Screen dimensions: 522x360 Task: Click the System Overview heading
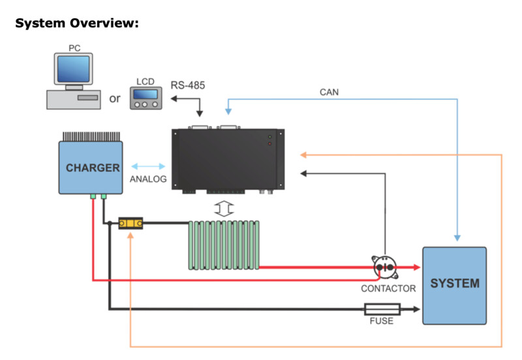(x=77, y=23)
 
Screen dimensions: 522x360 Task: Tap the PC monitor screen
(x=73, y=69)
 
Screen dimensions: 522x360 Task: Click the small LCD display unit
(x=146, y=98)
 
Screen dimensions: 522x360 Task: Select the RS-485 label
(x=188, y=85)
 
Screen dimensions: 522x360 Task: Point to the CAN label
(x=329, y=92)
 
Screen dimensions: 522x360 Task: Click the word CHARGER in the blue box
(x=93, y=168)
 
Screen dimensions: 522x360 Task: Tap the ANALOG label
(x=148, y=179)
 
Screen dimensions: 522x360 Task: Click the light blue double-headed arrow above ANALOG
(x=148, y=166)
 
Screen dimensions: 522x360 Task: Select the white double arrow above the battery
(x=224, y=209)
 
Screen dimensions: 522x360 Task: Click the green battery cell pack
(x=224, y=245)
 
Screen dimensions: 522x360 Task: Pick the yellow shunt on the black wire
(x=131, y=223)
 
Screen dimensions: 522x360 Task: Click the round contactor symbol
(x=385, y=267)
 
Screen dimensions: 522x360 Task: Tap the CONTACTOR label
(x=388, y=288)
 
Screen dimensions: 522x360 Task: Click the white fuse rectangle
(x=382, y=309)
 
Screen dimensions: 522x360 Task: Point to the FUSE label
(x=382, y=321)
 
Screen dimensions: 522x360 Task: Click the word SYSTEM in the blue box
(x=455, y=284)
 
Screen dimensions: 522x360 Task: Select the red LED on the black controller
(x=269, y=143)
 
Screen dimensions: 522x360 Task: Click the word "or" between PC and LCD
(x=115, y=99)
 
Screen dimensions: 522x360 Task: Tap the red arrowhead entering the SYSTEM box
(x=416, y=267)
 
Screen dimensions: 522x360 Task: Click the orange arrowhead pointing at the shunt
(x=130, y=235)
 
